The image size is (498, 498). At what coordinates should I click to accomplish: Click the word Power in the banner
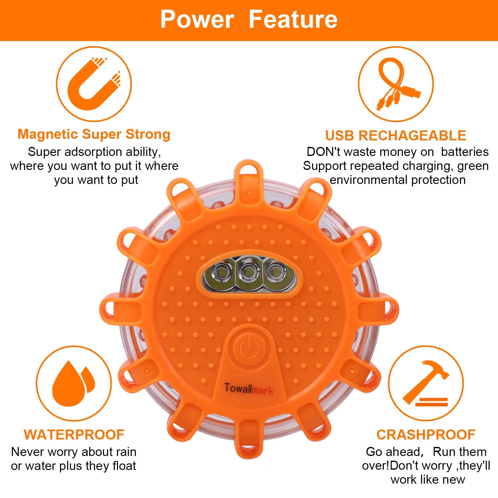click(197, 19)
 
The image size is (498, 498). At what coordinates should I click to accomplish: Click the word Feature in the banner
click(293, 19)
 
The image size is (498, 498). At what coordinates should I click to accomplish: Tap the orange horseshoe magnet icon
click(93, 84)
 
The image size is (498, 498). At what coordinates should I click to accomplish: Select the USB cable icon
click(396, 84)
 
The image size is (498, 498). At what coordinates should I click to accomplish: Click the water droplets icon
click(73, 383)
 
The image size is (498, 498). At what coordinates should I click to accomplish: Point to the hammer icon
click(426, 383)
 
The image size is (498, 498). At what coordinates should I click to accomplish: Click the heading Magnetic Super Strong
click(94, 134)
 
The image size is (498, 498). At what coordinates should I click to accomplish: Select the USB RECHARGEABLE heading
click(396, 136)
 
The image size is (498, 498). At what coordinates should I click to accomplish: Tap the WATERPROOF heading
click(74, 435)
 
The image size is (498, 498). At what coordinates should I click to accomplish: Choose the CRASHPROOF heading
click(426, 435)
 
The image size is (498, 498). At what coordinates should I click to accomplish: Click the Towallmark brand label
click(249, 389)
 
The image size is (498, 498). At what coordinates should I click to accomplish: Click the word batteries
click(465, 152)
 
